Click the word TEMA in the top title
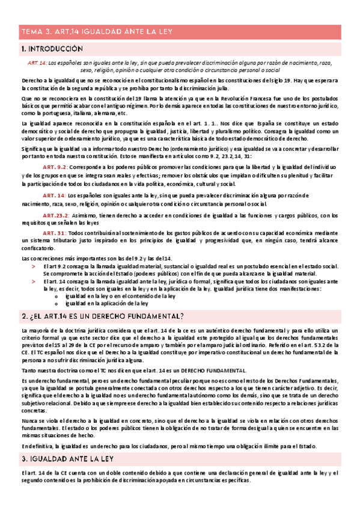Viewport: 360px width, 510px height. pyautogui.click(x=29, y=32)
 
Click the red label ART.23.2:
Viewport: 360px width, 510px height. pyautogui.click(x=55, y=215)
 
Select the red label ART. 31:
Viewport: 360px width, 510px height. pyautogui.click(x=53, y=232)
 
